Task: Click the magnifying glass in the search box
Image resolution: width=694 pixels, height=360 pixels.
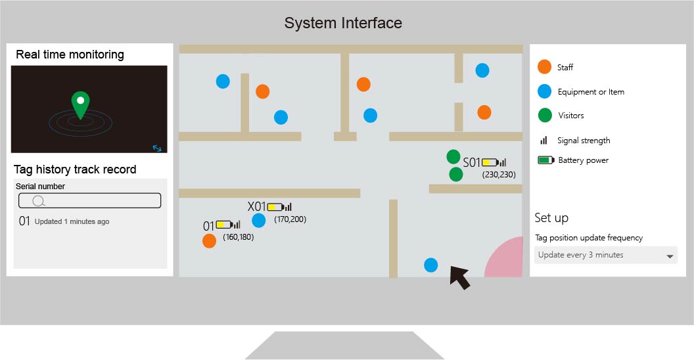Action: (x=39, y=201)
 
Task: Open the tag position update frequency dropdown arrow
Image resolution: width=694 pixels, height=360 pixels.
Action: (x=670, y=256)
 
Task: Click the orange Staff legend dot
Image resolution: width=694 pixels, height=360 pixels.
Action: (x=544, y=67)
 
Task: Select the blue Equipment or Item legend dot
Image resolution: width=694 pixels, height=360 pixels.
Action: (x=544, y=91)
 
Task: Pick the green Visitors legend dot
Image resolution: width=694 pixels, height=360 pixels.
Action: (x=544, y=115)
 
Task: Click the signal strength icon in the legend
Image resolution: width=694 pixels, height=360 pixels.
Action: (x=544, y=141)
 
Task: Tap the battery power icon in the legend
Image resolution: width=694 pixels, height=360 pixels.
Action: (x=545, y=160)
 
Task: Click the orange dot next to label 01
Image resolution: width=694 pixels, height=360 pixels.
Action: (x=209, y=241)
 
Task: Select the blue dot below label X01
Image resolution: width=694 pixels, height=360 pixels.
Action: (x=259, y=221)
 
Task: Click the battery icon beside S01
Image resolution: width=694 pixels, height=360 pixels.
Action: (x=490, y=162)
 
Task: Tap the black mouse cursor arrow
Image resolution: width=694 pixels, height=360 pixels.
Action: (x=460, y=277)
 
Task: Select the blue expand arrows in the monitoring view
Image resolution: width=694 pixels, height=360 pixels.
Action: (x=157, y=148)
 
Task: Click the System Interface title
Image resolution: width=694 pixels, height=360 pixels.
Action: (x=343, y=23)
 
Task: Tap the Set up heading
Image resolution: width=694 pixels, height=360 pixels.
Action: (x=551, y=217)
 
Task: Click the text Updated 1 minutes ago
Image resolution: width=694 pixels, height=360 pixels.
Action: (x=72, y=221)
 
